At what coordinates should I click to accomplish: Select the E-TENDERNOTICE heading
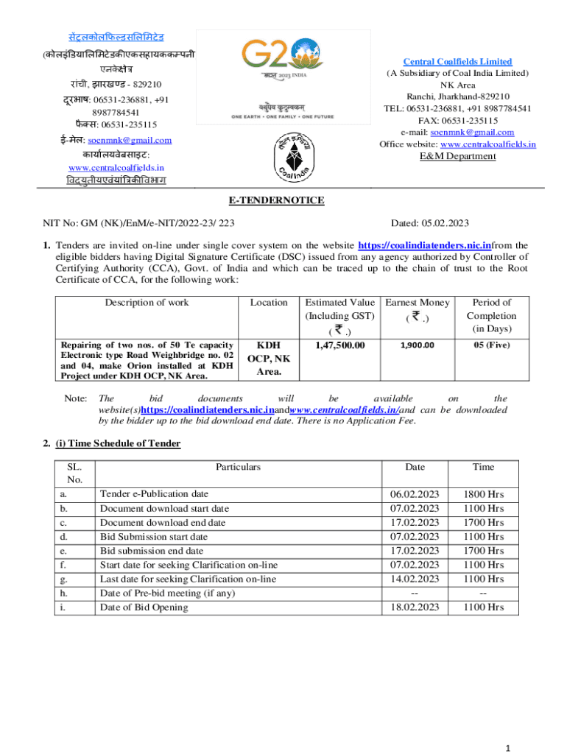pyautogui.click(x=283, y=200)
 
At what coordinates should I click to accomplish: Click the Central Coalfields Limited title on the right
pyautogui.click(x=457, y=62)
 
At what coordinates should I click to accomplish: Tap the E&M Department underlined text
pyautogui.click(x=457, y=156)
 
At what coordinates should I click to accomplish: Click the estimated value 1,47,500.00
pyautogui.click(x=339, y=345)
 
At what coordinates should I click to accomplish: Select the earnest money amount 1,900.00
pyautogui.click(x=417, y=345)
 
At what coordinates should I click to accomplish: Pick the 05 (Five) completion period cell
pyautogui.click(x=492, y=345)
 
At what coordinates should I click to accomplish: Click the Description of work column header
pyautogui.click(x=147, y=302)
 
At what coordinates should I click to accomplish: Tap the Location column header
pyautogui.click(x=268, y=302)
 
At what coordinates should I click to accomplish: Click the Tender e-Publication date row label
pyautogui.click(x=154, y=494)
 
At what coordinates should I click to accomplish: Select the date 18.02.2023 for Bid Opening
pyautogui.click(x=415, y=607)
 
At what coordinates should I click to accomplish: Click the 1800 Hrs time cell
pyautogui.click(x=484, y=494)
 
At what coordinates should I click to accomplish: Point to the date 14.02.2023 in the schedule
pyautogui.click(x=415, y=579)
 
